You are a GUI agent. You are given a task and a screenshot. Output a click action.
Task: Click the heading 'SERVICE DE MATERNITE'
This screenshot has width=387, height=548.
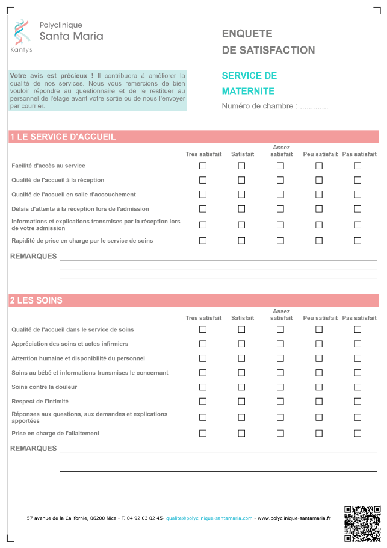click(x=249, y=83)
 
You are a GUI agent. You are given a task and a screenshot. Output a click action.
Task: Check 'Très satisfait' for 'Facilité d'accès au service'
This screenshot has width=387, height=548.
click(x=203, y=166)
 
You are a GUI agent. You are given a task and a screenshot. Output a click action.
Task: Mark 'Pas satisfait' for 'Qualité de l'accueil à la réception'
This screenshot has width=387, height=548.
click(x=358, y=180)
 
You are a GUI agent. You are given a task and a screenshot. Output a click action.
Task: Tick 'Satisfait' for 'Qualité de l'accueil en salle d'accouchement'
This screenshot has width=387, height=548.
click(x=241, y=195)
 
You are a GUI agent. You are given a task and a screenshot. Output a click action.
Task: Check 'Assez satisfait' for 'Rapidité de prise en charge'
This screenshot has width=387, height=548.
click(x=280, y=241)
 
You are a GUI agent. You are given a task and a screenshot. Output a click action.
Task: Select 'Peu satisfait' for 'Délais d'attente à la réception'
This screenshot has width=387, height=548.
click(x=319, y=209)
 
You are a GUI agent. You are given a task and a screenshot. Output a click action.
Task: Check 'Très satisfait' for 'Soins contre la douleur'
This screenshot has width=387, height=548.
click(x=203, y=387)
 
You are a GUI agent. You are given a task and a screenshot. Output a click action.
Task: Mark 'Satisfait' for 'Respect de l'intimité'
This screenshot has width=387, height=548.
click(x=241, y=402)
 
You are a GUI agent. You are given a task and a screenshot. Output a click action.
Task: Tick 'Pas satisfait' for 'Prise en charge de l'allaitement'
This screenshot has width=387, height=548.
click(x=358, y=434)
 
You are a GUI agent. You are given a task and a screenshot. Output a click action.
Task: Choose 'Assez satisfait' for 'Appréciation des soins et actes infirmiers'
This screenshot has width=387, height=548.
click(x=280, y=344)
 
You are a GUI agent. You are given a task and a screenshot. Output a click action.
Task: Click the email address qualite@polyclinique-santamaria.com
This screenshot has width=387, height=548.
click(x=209, y=518)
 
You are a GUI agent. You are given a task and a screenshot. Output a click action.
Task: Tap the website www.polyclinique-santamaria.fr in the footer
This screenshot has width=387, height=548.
click(x=294, y=518)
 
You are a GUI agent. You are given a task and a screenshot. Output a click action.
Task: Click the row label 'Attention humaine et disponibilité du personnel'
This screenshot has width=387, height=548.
click(x=78, y=358)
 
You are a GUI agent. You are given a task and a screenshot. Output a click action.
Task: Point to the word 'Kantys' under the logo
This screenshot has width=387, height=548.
click(x=22, y=50)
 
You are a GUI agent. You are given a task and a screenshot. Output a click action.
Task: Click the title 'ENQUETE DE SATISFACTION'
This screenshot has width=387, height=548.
click(x=268, y=42)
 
